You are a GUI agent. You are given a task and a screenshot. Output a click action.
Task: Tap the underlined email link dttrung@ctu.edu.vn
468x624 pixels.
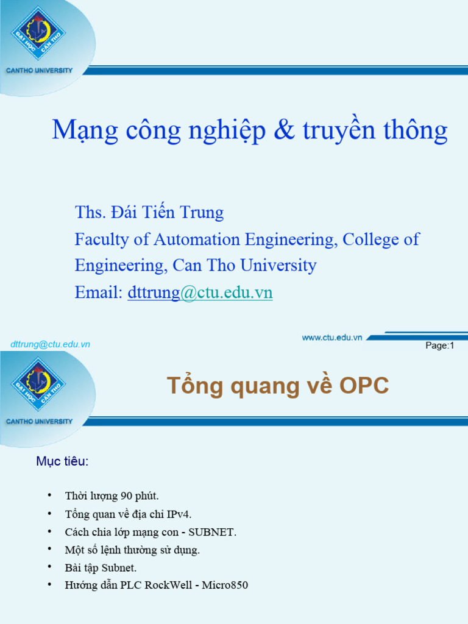pyautogui.click(x=200, y=293)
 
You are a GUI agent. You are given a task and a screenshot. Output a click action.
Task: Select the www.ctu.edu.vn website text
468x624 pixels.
pyautogui.click(x=332, y=338)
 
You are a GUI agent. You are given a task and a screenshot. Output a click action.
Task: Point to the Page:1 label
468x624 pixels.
pyautogui.click(x=440, y=346)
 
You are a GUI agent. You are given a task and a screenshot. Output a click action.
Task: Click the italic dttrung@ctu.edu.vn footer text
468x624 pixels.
pyautogui.click(x=50, y=344)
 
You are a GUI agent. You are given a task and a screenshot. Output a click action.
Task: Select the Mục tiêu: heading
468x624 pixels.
pyautogui.click(x=62, y=461)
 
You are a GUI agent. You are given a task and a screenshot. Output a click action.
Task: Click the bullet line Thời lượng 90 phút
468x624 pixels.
pyautogui.click(x=112, y=496)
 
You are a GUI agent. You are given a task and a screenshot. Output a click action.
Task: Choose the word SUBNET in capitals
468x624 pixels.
pyautogui.click(x=211, y=532)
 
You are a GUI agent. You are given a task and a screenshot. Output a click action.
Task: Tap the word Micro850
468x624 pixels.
pyautogui.click(x=225, y=586)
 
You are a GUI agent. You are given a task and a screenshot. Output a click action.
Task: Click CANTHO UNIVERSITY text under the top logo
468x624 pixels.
pyautogui.click(x=39, y=71)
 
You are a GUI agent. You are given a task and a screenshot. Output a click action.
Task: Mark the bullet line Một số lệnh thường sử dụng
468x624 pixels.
pyautogui.click(x=132, y=550)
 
